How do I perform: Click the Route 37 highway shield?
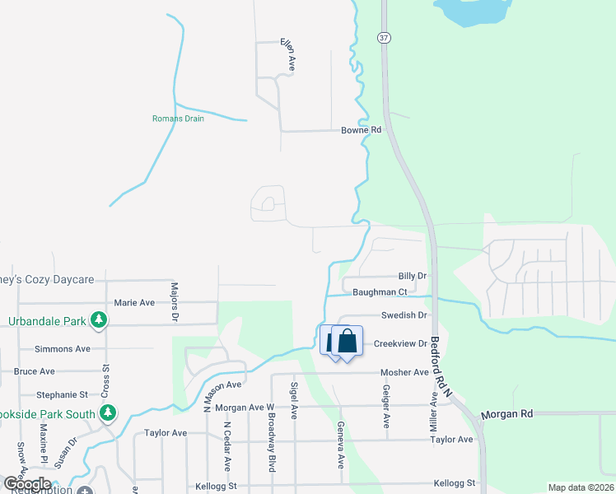click(x=384, y=38)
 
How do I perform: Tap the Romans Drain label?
click(x=178, y=119)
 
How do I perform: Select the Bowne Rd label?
click(x=362, y=130)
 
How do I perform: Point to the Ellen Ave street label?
click(x=287, y=55)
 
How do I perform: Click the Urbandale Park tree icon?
click(x=98, y=319)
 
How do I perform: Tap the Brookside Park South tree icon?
click(x=107, y=412)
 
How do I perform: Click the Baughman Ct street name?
click(x=380, y=292)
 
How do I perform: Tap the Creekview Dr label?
click(x=400, y=343)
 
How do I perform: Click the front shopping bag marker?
click(x=348, y=341)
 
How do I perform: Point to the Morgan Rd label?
click(x=502, y=413)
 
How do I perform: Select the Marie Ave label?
click(x=134, y=302)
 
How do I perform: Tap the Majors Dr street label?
click(x=174, y=302)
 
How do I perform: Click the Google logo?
click(x=27, y=484)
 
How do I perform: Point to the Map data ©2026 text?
click(x=581, y=487)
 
